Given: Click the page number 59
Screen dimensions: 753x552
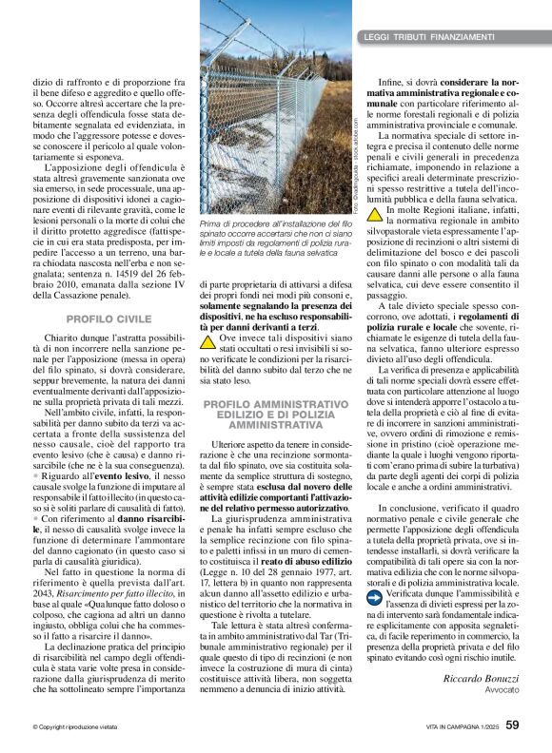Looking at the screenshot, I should [512, 724].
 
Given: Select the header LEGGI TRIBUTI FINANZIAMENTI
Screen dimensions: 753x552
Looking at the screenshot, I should [429, 37].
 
